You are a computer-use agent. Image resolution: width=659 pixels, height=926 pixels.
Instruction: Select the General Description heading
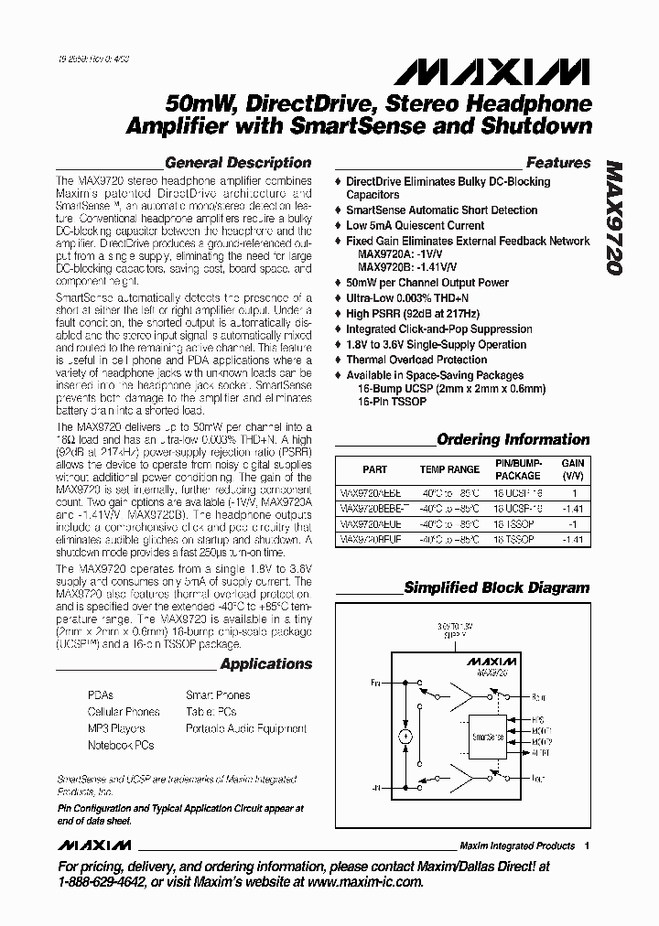click(x=238, y=163)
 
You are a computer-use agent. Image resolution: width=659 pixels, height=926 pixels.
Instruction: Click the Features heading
click(x=558, y=163)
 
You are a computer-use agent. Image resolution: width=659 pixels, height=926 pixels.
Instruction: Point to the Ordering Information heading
click(x=513, y=439)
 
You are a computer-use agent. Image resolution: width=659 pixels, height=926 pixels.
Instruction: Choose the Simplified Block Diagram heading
click(x=497, y=587)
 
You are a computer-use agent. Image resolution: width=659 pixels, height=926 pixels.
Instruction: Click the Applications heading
click(x=265, y=663)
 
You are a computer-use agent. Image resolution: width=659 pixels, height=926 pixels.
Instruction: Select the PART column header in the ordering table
click(x=374, y=468)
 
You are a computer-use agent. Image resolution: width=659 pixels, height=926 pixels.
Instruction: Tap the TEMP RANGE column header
click(x=449, y=468)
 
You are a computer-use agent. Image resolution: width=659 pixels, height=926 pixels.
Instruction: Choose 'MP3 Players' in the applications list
click(x=116, y=728)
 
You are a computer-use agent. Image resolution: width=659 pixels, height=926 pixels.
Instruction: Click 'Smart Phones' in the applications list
click(x=218, y=695)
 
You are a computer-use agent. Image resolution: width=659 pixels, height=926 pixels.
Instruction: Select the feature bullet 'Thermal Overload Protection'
click(x=416, y=360)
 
